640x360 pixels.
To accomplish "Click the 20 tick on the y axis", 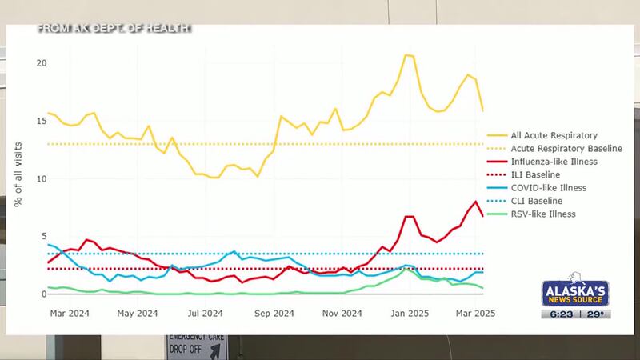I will [x=42, y=63].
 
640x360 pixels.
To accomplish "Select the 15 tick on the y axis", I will [x=42, y=121].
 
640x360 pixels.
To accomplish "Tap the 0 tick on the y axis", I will [x=44, y=294].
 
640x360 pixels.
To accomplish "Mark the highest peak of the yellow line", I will [x=407, y=55].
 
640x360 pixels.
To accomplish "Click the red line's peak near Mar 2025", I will [x=476, y=201].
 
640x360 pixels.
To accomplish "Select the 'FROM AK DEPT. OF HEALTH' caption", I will [x=114, y=29].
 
